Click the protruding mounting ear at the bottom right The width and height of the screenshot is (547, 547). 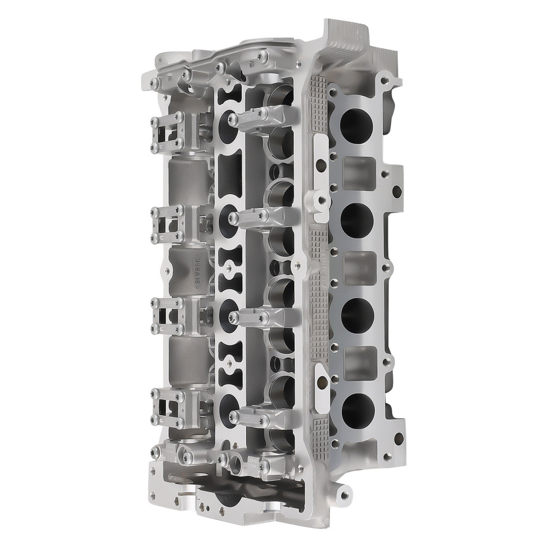(344, 495)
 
